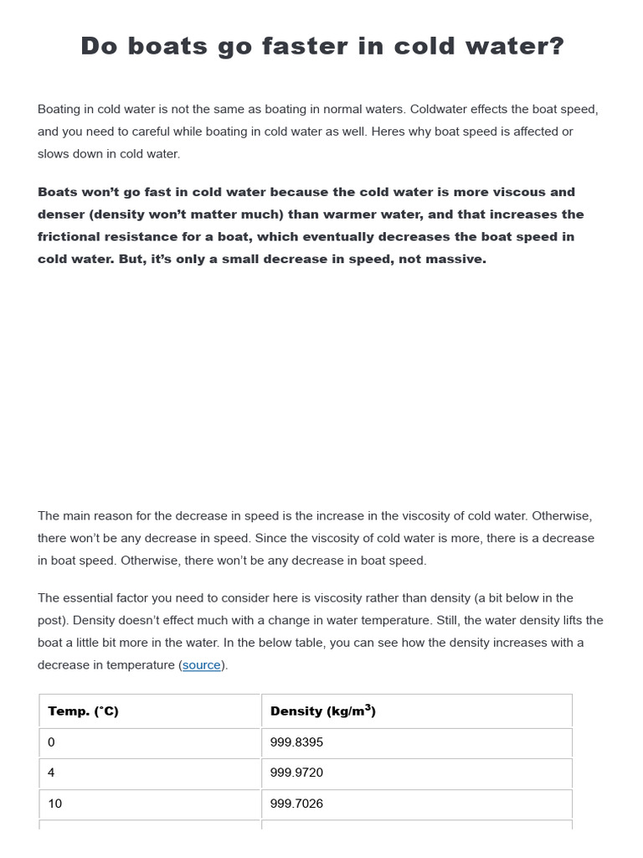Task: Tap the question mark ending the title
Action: (555, 46)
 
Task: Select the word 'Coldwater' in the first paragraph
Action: (438, 110)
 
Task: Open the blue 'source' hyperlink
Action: (202, 665)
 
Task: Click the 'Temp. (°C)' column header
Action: (84, 711)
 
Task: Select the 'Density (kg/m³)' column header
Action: (323, 711)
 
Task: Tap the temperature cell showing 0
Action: (52, 742)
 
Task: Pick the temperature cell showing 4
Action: (52, 773)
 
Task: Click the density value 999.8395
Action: (296, 742)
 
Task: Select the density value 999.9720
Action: (296, 773)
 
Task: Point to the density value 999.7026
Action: (296, 804)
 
